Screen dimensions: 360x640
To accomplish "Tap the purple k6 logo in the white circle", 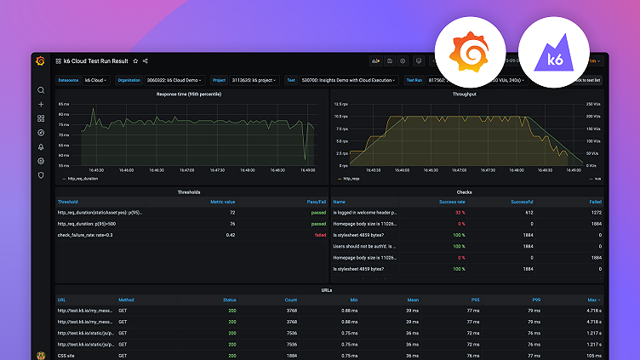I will (552, 50).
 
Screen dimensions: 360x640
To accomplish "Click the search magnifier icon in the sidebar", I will (40, 90).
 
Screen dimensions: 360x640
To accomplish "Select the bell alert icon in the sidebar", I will (40, 147).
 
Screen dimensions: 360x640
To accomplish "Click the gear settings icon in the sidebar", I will (40, 161).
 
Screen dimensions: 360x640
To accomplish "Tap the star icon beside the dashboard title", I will (135, 61).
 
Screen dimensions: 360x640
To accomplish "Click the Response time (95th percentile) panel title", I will (189, 94).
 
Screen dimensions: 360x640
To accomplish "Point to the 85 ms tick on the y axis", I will (63, 104).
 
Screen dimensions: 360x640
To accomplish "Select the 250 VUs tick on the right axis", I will (594, 104).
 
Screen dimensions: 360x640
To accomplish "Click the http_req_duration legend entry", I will (81, 180).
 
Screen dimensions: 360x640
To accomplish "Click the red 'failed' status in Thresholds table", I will (319, 234).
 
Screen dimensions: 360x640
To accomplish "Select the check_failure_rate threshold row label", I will (85, 234).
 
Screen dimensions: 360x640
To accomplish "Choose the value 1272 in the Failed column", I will (594, 212).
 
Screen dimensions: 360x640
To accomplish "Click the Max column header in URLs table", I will (592, 300).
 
